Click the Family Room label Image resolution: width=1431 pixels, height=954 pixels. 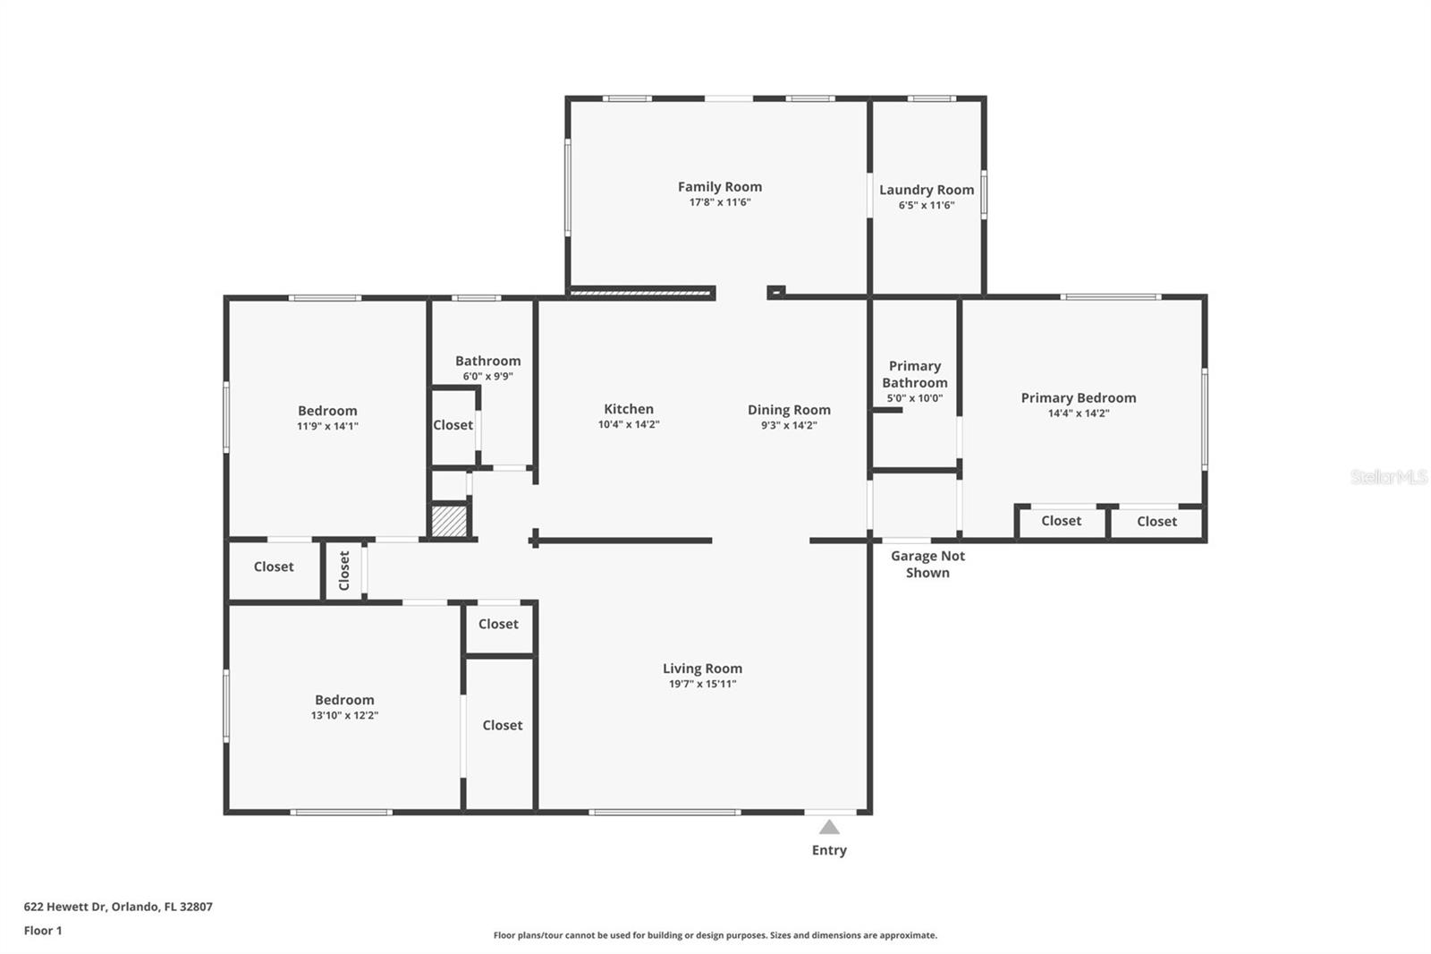pyautogui.click(x=719, y=187)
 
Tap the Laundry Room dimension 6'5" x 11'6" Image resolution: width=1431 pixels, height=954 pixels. pyautogui.click(x=927, y=206)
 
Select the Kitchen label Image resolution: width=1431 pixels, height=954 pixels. pyautogui.click(x=628, y=409)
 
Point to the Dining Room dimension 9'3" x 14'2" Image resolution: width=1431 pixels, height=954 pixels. pyautogui.click(x=788, y=426)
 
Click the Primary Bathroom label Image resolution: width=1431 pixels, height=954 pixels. pyautogui.click(x=914, y=374)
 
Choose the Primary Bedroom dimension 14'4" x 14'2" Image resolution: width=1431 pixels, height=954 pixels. pyautogui.click(x=1078, y=413)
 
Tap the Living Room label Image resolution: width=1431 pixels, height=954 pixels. pyautogui.click(x=702, y=669)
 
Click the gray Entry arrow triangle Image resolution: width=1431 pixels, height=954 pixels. pyautogui.click(x=829, y=828)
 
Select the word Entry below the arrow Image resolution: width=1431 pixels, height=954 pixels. pyautogui.click(x=829, y=850)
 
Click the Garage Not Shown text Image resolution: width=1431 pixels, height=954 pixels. pyautogui.click(x=927, y=564)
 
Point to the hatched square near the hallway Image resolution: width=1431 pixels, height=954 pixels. pyautogui.click(x=449, y=522)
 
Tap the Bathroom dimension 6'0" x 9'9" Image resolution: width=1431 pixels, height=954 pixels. pyautogui.click(x=487, y=377)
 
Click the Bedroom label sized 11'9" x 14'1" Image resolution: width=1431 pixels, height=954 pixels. pyautogui.click(x=327, y=411)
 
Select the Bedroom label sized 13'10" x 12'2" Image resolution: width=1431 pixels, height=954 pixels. pyautogui.click(x=344, y=700)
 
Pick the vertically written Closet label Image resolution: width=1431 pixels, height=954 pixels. pyautogui.click(x=344, y=570)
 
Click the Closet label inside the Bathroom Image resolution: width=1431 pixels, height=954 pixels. pyautogui.click(x=453, y=425)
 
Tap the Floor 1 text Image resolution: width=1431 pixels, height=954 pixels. pyautogui.click(x=43, y=931)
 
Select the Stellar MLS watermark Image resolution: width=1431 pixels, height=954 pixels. pyautogui.click(x=1388, y=477)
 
